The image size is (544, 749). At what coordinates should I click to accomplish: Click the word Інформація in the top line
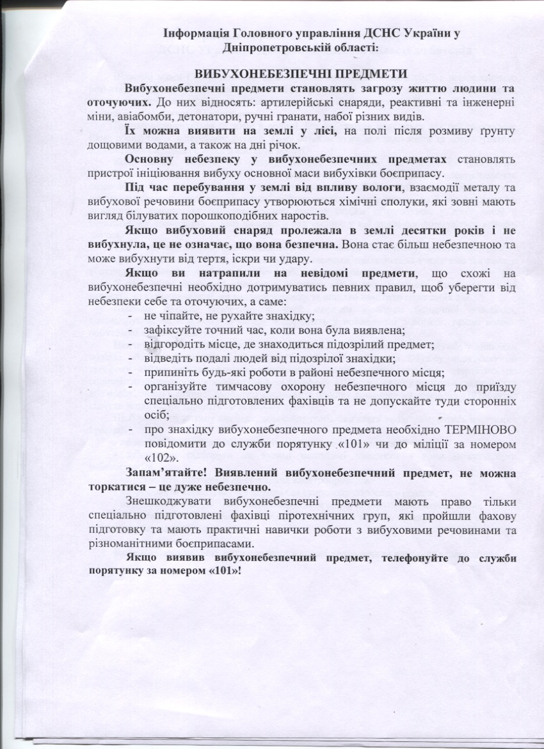195,33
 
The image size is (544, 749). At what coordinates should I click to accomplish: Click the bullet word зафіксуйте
169,330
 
